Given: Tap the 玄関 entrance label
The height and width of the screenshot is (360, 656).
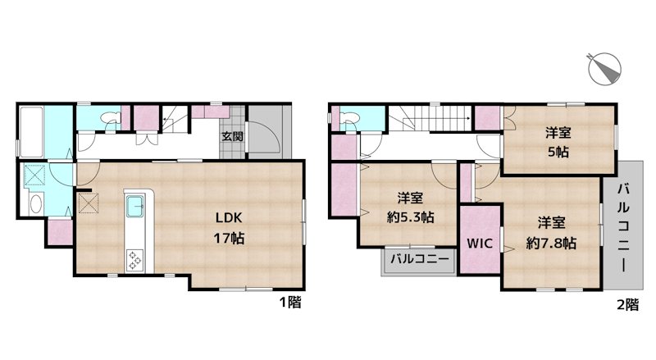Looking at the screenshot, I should click(x=231, y=137).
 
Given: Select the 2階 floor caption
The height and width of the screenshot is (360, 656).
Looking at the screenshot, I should click(x=627, y=304).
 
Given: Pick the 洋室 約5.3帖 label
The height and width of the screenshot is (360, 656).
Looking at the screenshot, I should click(x=410, y=207).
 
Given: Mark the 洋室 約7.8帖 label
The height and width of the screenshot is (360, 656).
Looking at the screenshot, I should click(x=551, y=232).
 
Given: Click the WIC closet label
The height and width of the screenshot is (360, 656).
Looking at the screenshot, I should click(x=479, y=244).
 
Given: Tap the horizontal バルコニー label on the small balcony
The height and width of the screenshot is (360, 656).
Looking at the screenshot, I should click(x=419, y=260).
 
